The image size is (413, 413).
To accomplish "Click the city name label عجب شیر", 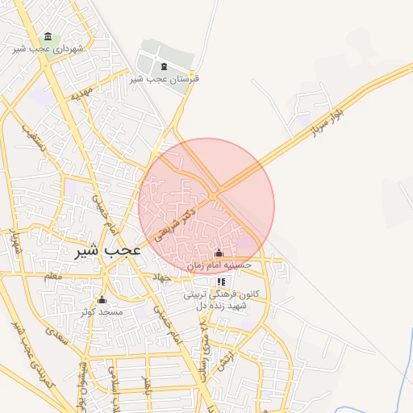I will point(108,251).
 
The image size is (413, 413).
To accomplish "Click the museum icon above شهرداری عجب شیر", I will point(48,37).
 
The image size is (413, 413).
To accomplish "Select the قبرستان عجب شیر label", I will point(165,79).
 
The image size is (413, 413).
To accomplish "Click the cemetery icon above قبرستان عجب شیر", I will point(165,67).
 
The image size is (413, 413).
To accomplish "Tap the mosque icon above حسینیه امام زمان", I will point(219,252).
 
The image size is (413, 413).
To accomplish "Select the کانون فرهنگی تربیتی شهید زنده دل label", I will point(221,300).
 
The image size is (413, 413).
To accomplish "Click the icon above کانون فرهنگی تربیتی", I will point(221,282).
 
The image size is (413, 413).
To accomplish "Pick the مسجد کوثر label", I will point(102,311).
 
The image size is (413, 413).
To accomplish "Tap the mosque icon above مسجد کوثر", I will point(102,299).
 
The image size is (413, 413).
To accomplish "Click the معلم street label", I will point(52,276).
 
